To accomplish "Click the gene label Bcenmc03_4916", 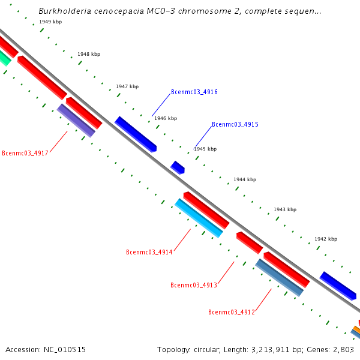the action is point(194,92).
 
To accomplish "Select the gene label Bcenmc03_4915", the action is point(235,125).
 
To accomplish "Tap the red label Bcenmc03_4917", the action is point(25,154).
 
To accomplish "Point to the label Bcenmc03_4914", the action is point(149,253).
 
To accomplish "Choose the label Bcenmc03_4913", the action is point(193,286).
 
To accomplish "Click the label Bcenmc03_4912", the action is point(231,313).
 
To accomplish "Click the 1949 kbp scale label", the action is point(50,22).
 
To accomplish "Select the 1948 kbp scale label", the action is point(89,55).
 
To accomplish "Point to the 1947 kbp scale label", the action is point(127,87).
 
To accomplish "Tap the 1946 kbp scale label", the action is point(166,119).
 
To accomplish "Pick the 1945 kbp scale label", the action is point(205,149).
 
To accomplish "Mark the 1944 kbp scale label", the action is point(245,180).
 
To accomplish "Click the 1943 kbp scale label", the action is point(285,210).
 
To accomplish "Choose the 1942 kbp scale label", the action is point(326,239).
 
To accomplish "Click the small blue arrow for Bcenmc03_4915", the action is point(178,167).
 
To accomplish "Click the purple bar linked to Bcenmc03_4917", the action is point(76,121).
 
